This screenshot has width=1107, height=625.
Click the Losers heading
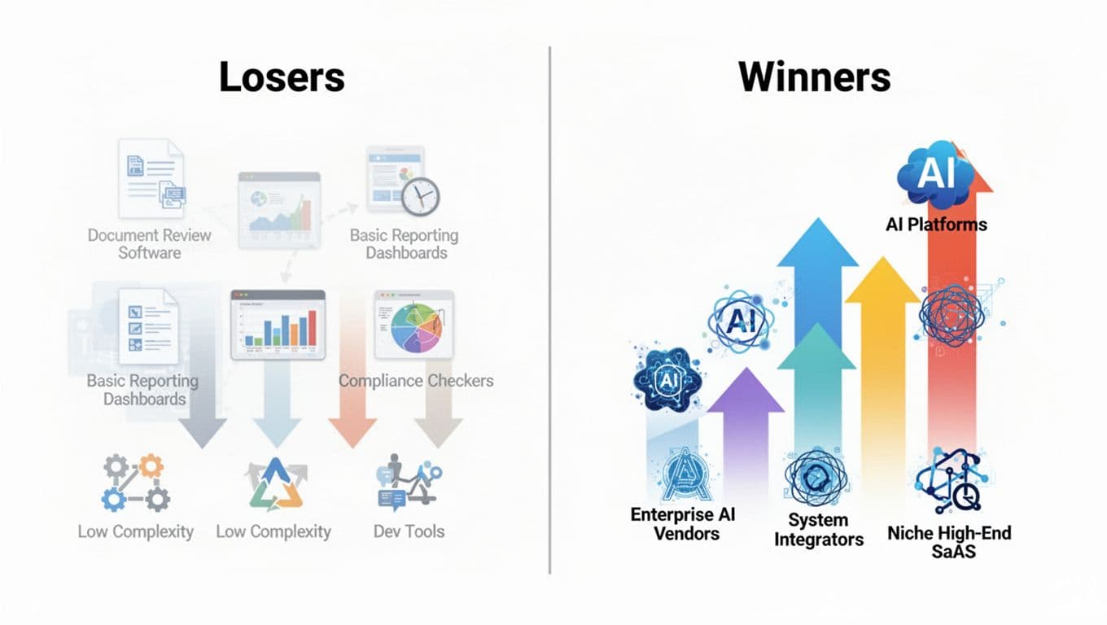tap(282, 77)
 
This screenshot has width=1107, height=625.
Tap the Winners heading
tap(814, 77)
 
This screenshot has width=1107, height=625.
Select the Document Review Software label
tap(149, 243)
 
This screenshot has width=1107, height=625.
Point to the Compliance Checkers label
tap(416, 380)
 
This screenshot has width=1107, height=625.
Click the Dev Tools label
tap(409, 531)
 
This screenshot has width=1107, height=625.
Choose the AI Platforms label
tap(936, 224)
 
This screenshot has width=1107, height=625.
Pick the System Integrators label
tap(818, 529)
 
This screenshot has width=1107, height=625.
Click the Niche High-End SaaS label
tap(949, 542)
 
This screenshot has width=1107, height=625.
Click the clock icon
tap(421, 196)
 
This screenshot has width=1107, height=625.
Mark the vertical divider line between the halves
tap(550, 309)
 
